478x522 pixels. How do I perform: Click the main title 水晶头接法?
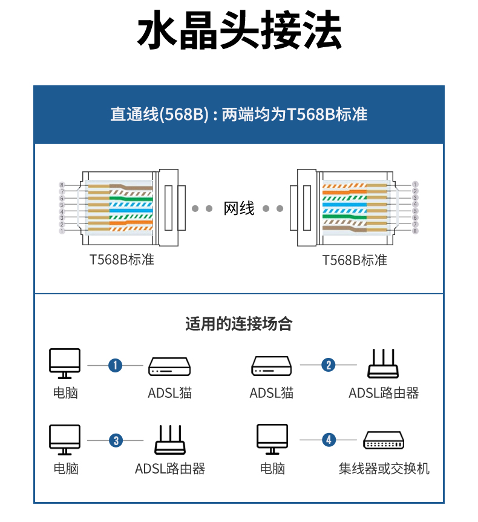click(239, 31)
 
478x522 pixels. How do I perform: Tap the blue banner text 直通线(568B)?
click(159, 114)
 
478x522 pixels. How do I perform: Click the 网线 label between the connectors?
click(239, 208)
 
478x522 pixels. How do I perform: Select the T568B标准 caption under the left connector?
click(122, 260)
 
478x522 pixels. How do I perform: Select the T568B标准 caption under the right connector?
click(355, 260)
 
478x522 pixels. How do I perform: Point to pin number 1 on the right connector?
click(415, 184)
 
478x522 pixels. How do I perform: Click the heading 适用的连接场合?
click(239, 324)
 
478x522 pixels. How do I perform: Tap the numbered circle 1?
click(116, 365)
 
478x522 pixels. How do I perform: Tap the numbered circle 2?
click(329, 365)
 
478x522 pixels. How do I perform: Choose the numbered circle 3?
click(116, 440)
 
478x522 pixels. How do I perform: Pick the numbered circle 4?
click(329, 440)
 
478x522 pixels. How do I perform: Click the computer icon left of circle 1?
click(65, 363)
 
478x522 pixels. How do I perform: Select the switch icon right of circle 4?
click(384, 440)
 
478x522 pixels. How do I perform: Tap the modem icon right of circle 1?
click(169, 365)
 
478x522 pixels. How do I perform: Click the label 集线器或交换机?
click(384, 469)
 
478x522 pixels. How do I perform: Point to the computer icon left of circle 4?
click(272, 439)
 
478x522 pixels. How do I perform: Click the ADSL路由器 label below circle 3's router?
click(170, 469)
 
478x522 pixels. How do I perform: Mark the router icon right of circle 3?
click(170, 440)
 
